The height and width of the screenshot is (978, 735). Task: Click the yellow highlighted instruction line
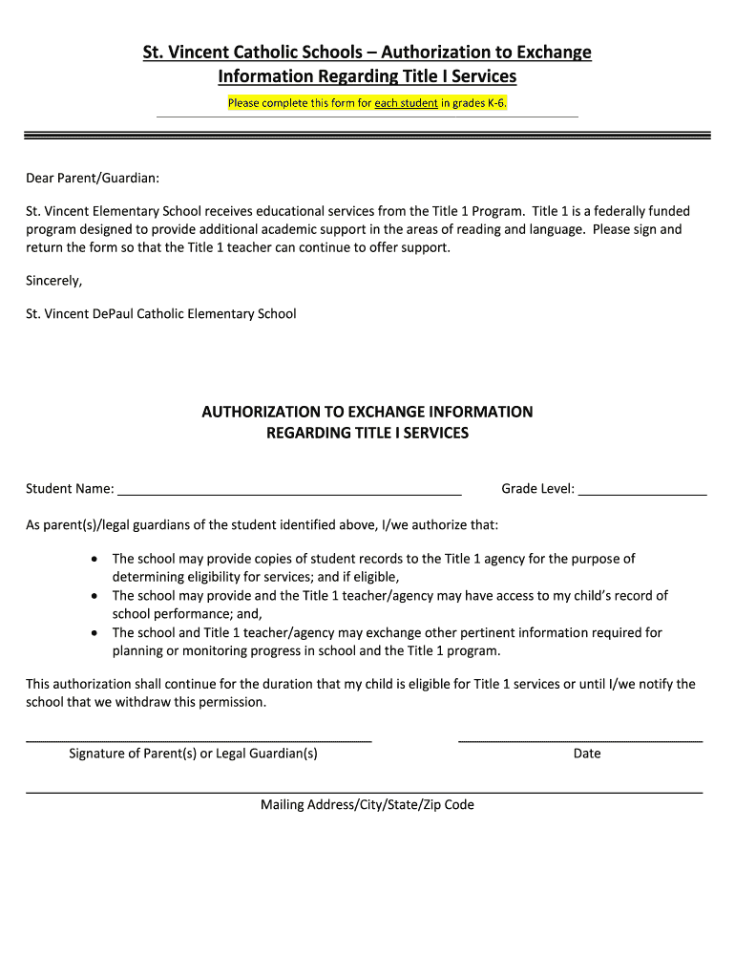[367, 103]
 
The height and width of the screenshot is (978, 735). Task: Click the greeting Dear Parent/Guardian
[93, 178]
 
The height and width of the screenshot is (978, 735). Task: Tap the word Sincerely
[54, 281]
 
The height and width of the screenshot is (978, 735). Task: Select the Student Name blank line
[289, 494]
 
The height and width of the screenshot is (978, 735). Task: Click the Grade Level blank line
[642, 494]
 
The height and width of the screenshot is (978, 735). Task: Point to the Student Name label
[70, 489]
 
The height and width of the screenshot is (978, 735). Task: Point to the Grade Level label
[537, 489]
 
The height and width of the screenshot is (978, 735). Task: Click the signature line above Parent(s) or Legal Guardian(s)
[199, 740]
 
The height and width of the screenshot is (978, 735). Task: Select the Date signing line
[580, 740]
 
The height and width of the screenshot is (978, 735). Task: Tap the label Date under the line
[587, 754]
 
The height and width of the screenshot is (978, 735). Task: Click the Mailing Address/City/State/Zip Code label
[367, 805]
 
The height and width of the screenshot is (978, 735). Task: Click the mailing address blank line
[364, 793]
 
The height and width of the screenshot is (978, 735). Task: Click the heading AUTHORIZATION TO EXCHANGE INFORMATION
[367, 412]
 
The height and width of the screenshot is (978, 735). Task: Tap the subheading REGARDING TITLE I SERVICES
[367, 434]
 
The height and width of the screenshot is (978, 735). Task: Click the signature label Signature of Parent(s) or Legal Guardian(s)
[193, 754]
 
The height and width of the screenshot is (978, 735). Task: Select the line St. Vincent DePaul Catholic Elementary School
[161, 314]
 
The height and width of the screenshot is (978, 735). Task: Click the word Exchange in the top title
[553, 53]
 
